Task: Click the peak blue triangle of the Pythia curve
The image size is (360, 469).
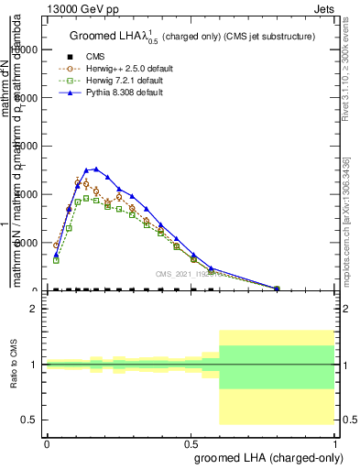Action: tap(96, 169)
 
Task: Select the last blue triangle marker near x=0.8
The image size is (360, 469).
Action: tap(277, 288)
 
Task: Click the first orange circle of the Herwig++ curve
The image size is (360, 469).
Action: tap(57, 245)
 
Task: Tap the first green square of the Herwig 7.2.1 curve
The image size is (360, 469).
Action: tap(57, 260)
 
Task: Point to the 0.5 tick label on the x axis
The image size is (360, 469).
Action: tap(191, 442)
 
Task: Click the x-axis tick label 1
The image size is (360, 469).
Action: tap(334, 442)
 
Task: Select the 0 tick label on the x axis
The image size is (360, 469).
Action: tap(47, 442)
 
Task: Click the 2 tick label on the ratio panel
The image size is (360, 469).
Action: tap(33, 309)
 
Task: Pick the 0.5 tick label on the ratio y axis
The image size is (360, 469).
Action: tap(28, 420)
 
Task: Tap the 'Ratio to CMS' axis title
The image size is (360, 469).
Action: tap(15, 364)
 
